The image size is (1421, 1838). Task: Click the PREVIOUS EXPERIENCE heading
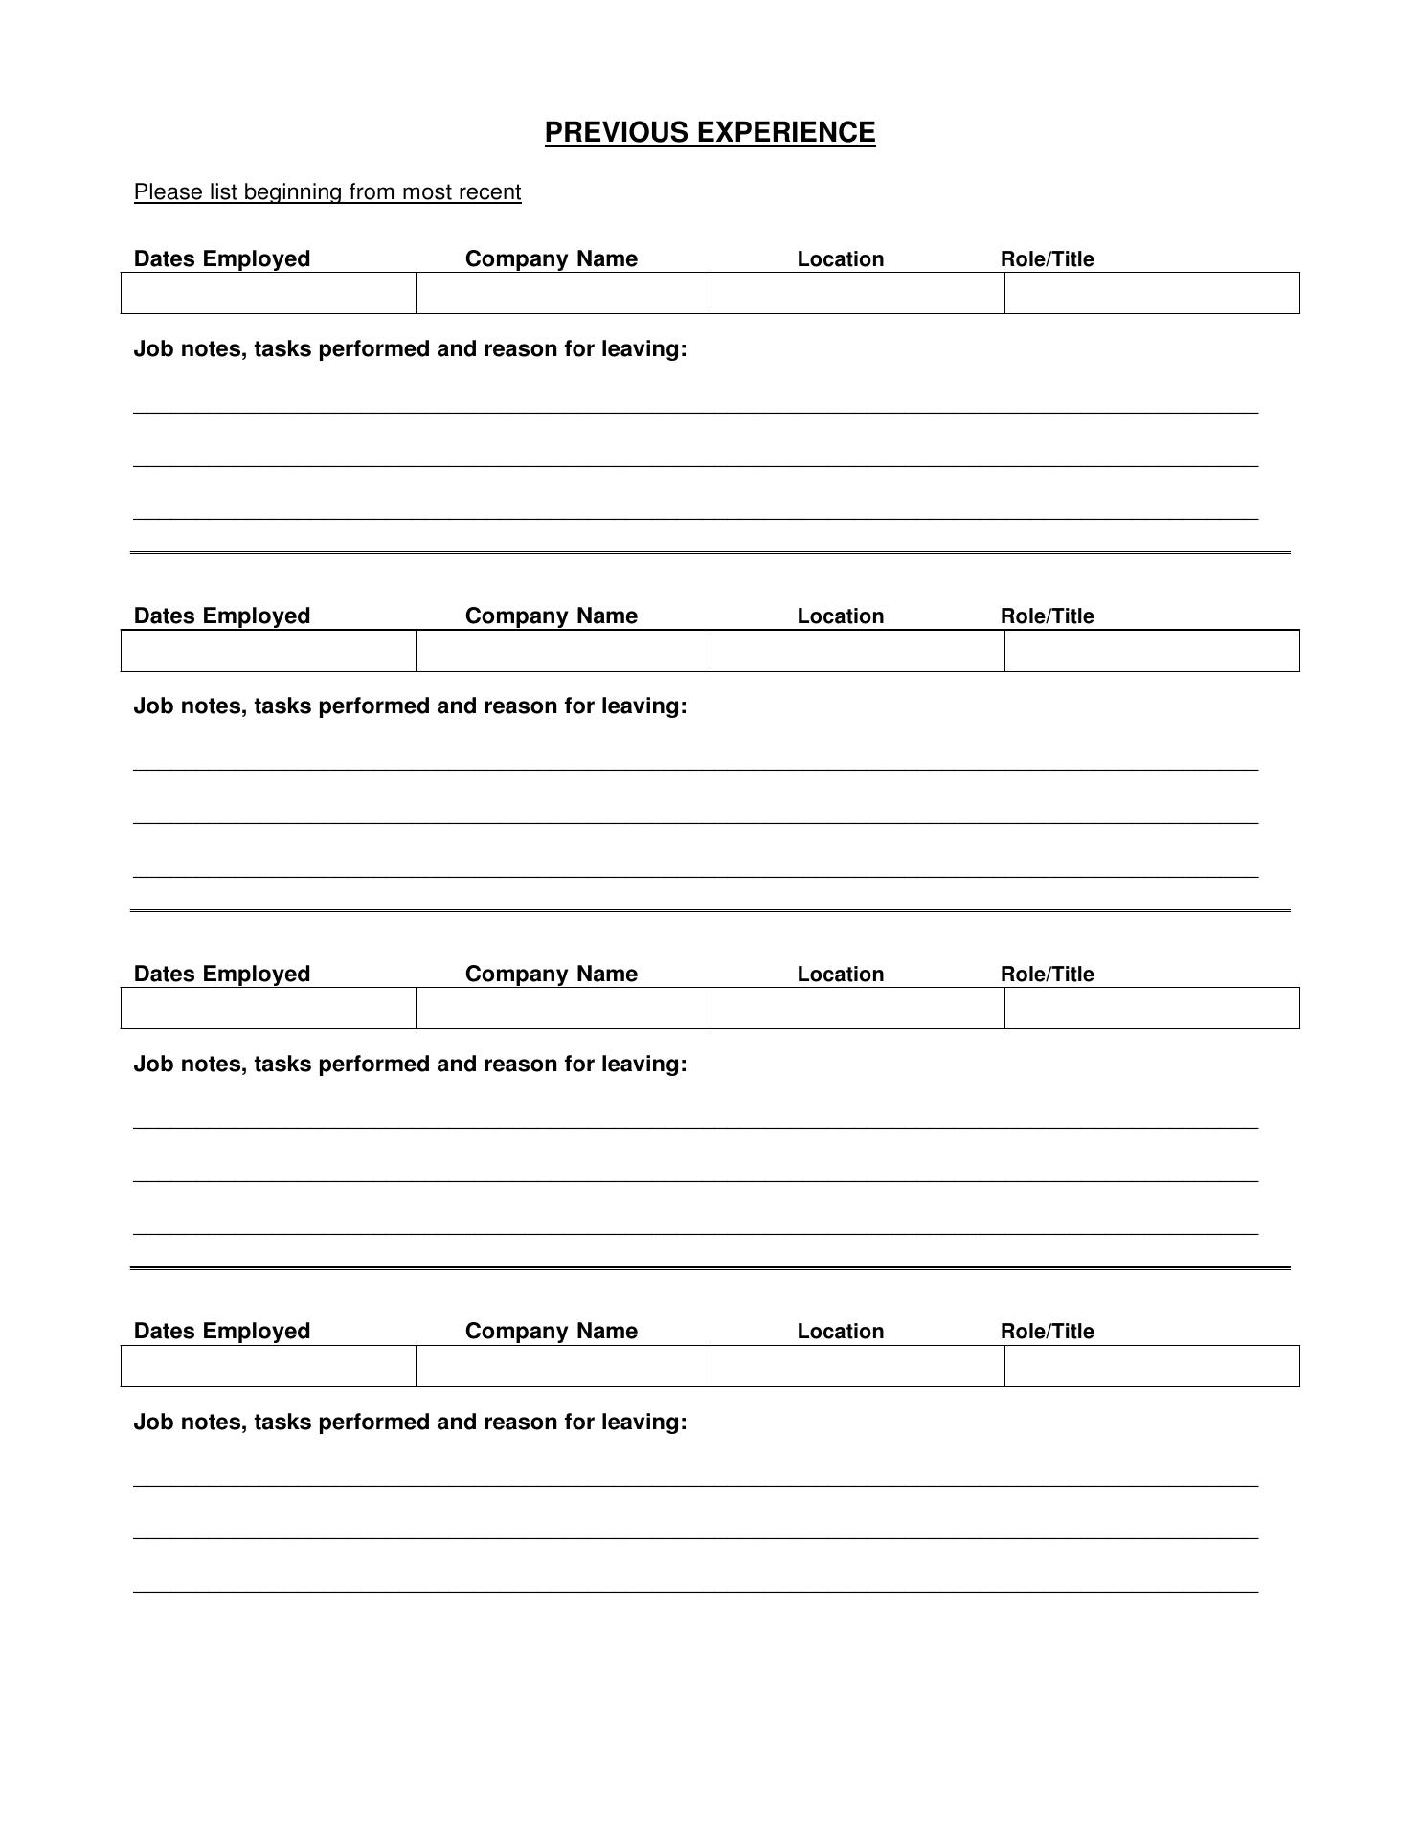[710, 132]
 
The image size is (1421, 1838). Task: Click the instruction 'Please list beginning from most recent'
[327, 192]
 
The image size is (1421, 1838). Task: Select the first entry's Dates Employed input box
[268, 293]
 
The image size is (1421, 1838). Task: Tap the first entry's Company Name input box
[563, 293]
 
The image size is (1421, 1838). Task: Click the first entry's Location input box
[857, 293]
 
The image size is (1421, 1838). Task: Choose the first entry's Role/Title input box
[1152, 293]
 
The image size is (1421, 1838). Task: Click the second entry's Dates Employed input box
[268, 651]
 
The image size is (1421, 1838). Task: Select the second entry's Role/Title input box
[1152, 651]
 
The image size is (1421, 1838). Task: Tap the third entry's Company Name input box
[563, 1008]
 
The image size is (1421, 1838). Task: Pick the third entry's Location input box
[857, 1008]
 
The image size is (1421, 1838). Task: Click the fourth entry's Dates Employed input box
[268, 1366]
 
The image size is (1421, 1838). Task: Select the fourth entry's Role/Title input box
[1152, 1366]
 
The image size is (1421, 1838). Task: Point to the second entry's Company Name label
[552, 616]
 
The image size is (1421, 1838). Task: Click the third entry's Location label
[841, 975]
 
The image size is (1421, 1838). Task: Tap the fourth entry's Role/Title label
[1047, 1332]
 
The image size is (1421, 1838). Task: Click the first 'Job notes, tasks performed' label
[410, 349]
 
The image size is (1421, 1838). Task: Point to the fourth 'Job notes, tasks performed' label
[410, 1423]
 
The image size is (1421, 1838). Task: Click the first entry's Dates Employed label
[222, 259]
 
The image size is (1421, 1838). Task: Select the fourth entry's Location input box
[857, 1366]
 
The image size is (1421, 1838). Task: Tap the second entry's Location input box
[857, 651]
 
